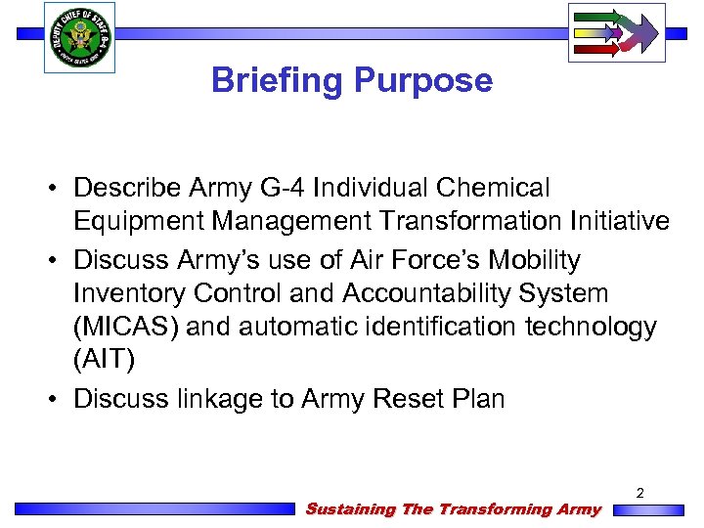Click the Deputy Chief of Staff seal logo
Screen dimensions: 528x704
tap(79, 36)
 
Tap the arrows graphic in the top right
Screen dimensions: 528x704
tap(616, 32)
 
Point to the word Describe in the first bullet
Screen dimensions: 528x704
tap(129, 188)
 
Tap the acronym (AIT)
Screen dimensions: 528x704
tap(104, 360)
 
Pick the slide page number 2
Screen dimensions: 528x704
tap(639, 494)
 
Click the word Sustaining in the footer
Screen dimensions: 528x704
tap(350, 508)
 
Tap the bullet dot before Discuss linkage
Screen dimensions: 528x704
tap(60, 399)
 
